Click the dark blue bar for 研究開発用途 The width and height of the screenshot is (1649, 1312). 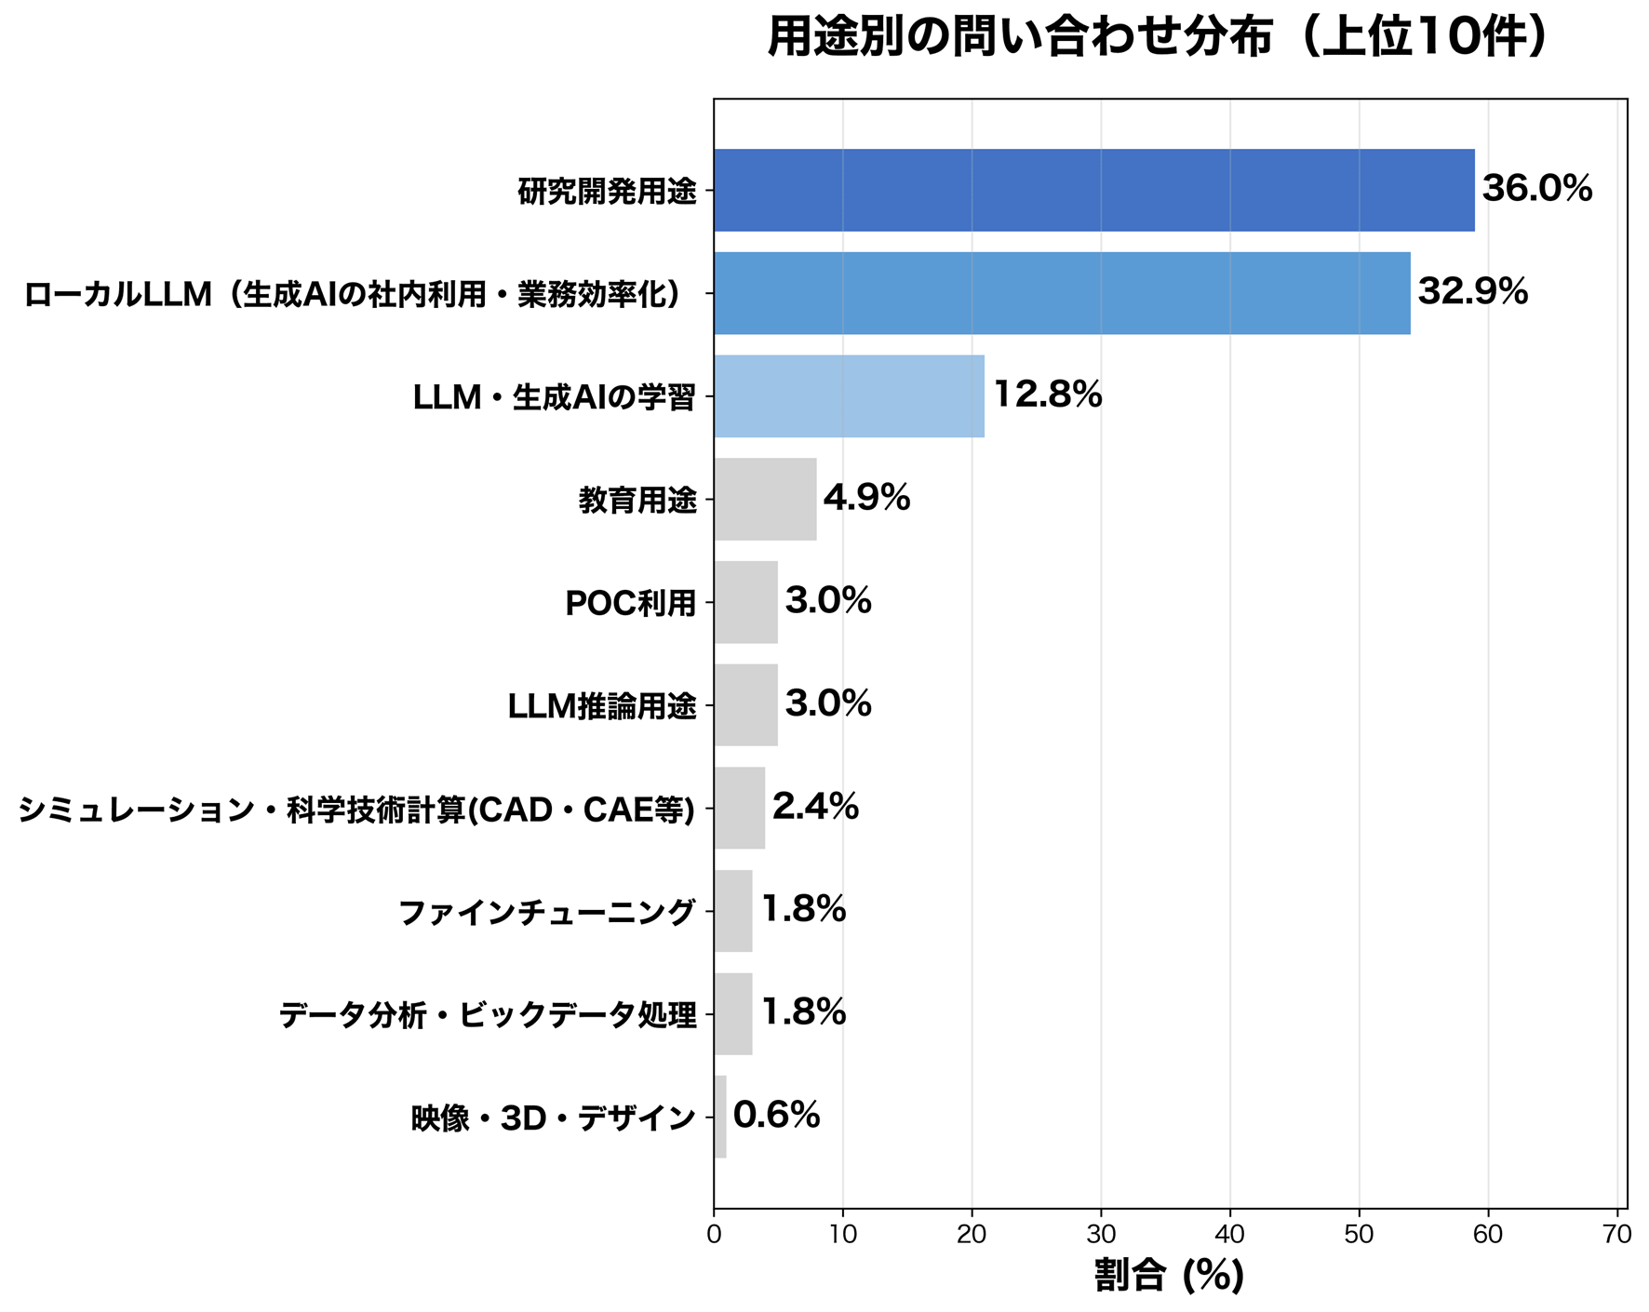(1093, 190)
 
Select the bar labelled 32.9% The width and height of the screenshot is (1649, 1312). (1061, 293)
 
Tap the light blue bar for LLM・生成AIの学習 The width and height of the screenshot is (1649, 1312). (849, 396)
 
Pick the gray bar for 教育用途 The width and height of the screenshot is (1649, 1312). (765, 500)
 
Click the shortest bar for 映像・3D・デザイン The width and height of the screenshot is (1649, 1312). (720, 1117)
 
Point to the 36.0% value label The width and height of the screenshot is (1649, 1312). (1536, 189)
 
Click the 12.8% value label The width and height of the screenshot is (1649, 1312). (1047, 395)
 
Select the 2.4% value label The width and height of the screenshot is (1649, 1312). (815, 806)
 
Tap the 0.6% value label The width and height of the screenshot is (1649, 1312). (776, 1115)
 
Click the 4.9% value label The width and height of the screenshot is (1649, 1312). (866, 498)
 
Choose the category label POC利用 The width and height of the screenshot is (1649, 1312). (630, 604)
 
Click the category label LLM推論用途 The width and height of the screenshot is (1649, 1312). (601, 707)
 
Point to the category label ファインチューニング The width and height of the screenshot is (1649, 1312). (546, 912)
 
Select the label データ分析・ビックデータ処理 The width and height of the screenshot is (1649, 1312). (488, 1015)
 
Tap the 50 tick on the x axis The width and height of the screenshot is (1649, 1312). (1360, 1235)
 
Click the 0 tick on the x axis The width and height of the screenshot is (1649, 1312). (714, 1235)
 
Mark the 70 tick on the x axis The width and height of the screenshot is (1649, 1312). (1617, 1235)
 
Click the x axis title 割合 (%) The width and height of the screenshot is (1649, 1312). (1169, 1275)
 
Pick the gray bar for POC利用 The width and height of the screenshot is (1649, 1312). (745, 602)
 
